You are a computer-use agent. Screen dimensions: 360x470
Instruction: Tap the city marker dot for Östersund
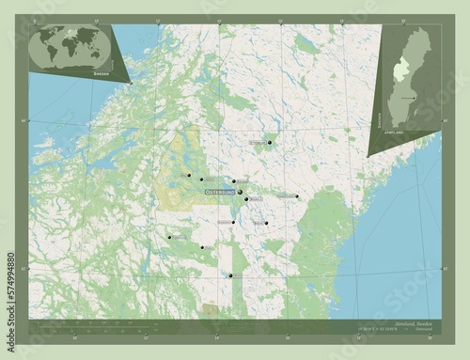coord(239,192)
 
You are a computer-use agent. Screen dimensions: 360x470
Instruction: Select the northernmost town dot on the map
coord(269,143)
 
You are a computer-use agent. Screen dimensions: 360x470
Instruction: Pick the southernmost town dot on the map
coord(230,275)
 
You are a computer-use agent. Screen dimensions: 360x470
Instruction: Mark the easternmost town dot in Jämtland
coord(297,196)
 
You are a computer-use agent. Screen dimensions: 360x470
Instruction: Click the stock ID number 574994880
coord(9,282)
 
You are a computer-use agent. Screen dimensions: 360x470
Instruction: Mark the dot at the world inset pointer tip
coord(131,84)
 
